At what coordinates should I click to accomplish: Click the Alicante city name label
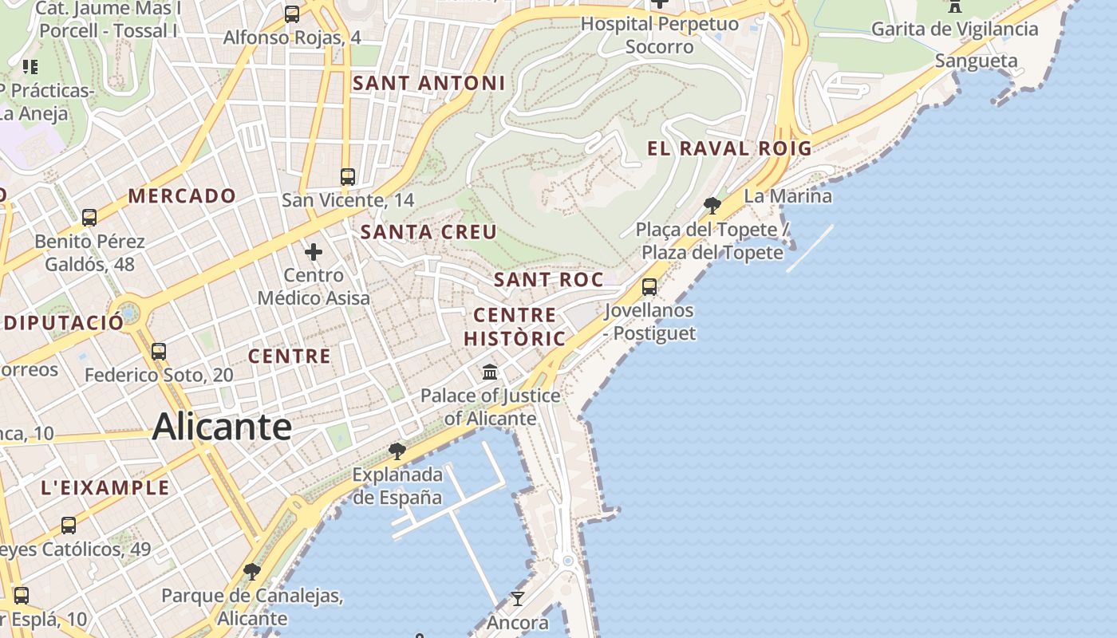222,427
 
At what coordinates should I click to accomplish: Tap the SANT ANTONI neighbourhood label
428,83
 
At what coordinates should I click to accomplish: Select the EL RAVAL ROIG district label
729,148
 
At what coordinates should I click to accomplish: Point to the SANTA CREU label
428,232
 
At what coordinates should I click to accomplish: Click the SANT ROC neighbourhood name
548,280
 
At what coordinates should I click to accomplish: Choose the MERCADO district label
182,196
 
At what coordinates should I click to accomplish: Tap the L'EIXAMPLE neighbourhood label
105,487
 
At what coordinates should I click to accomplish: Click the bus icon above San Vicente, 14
348,177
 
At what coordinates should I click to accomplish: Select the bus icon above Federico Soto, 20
159,352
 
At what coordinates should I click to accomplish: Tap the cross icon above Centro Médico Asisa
314,253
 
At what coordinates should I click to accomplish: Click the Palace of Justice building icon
490,372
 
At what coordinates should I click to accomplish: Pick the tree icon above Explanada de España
397,451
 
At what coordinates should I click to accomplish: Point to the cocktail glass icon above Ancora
518,598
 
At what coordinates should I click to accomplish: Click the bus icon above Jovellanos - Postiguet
649,287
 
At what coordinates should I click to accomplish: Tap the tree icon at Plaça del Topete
712,206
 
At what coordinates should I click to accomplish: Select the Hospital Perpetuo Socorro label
659,35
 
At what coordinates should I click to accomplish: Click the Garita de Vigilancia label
954,30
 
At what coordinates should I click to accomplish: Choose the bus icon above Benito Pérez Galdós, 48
89,218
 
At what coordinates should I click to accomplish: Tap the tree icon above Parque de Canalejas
252,572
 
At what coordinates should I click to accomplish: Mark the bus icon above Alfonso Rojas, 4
292,14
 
